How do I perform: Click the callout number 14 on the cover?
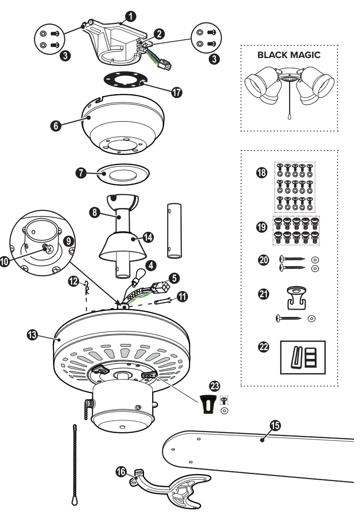pos(147,237)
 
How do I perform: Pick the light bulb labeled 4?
pos(135,276)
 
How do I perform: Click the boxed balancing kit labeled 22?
pos(302,355)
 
